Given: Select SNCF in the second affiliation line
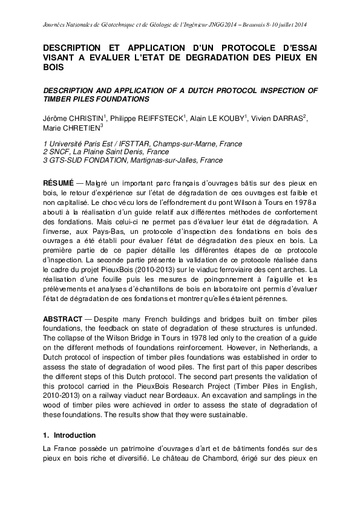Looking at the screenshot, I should pyautogui.click(x=59, y=152).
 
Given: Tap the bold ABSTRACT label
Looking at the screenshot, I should pyautogui.click(x=62, y=317).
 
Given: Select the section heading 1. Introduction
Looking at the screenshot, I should pyautogui.click(x=71, y=435).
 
